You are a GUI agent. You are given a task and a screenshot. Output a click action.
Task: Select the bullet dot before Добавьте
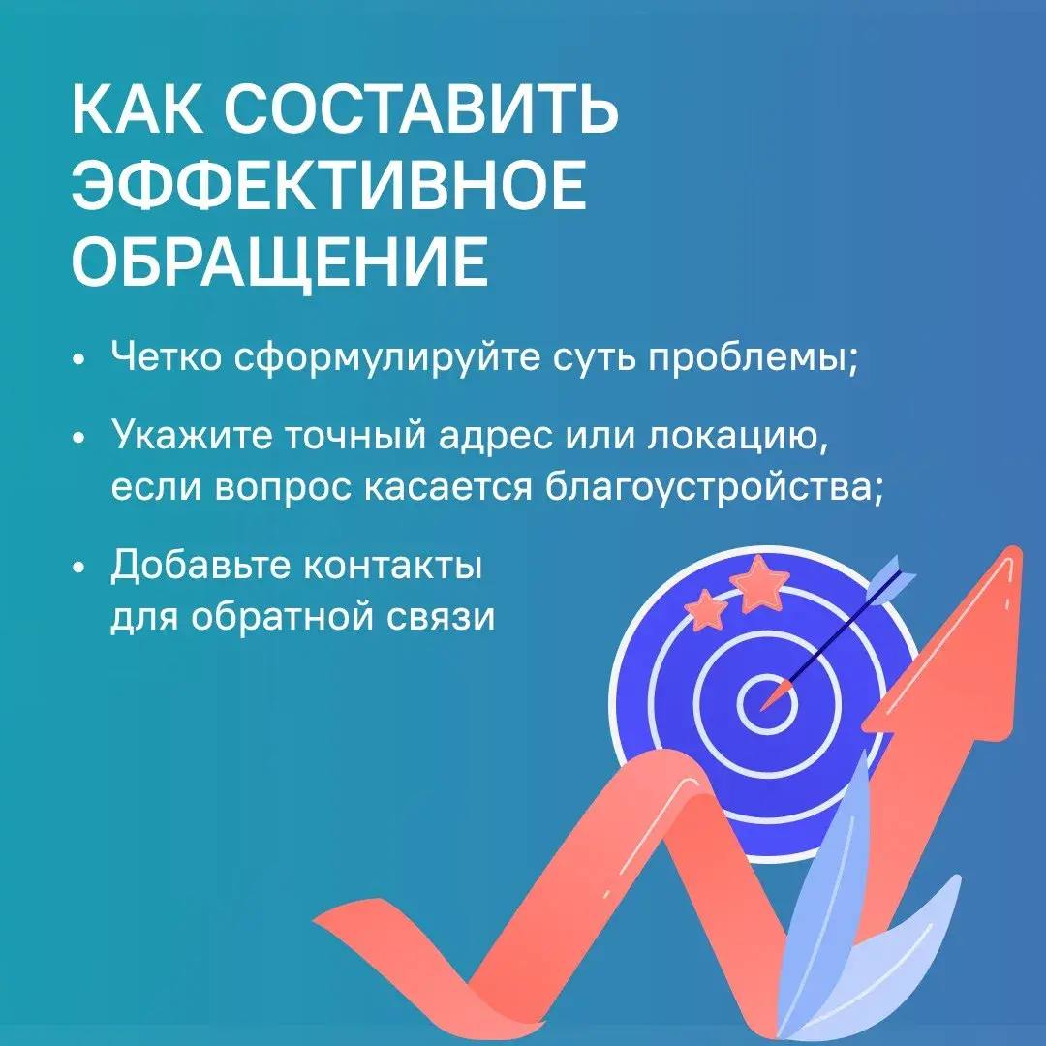tap(80, 567)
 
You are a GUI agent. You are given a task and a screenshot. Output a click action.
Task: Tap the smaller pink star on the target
tap(706, 608)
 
